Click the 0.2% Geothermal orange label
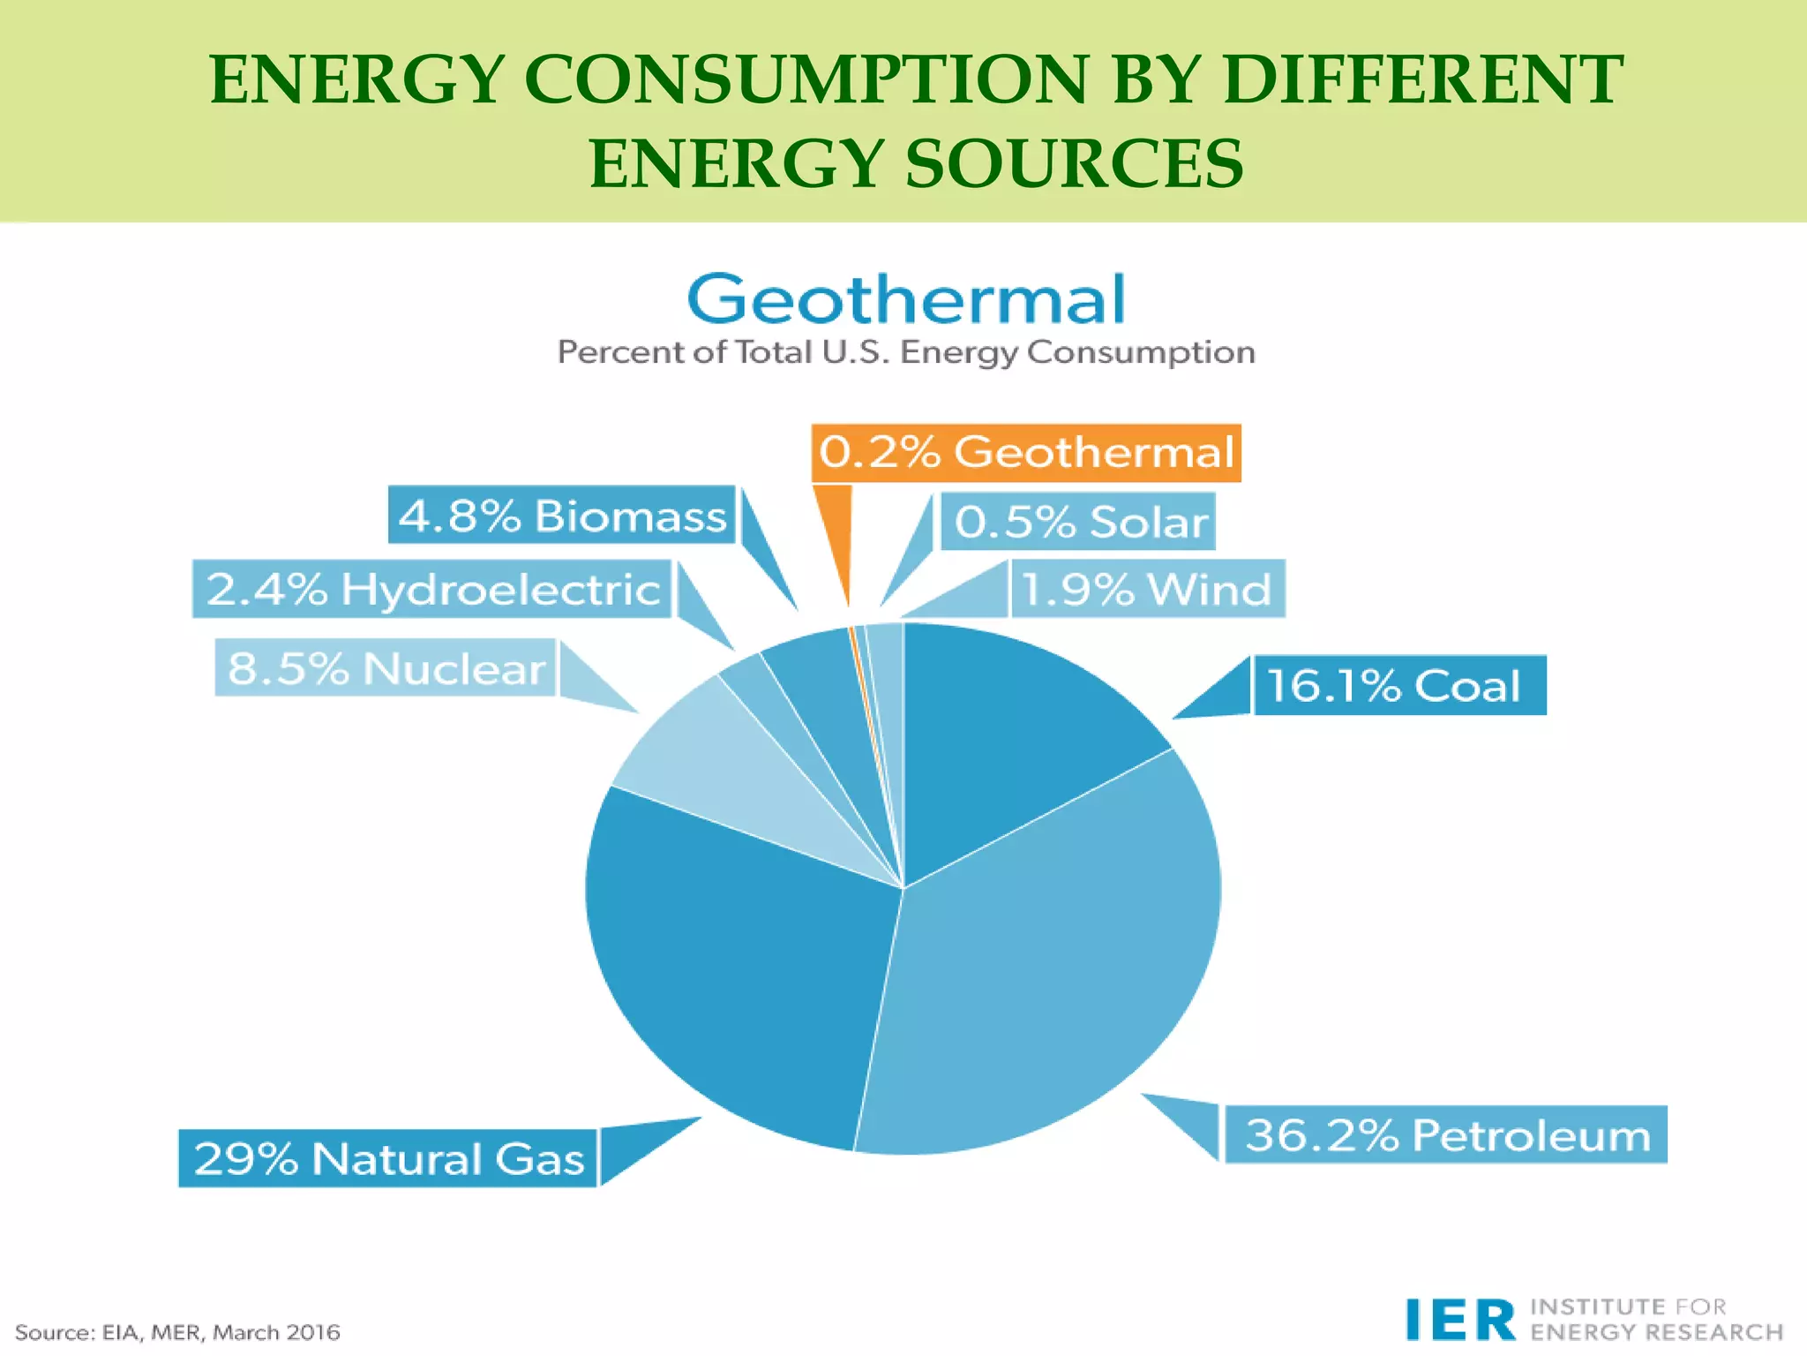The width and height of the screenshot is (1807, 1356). (x=1025, y=453)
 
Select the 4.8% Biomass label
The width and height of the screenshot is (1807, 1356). (x=562, y=516)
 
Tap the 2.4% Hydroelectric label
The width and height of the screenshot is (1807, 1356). (x=432, y=589)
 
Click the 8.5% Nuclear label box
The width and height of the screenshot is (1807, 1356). (x=386, y=668)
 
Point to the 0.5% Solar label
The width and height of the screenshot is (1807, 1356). (x=1078, y=522)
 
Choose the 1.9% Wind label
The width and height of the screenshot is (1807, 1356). (x=1146, y=589)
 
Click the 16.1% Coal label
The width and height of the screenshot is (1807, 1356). (x=1398, y=685)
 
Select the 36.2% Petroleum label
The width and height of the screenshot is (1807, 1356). (x=1445, y=1134)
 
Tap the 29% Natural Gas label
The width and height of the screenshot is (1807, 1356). (x=388, y=1158)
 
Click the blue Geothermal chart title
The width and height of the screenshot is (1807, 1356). (x=906, y=299)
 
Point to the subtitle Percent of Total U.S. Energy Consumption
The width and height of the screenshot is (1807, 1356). (x=906, y=352)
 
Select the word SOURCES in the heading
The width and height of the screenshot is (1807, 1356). (x=1074, y=164)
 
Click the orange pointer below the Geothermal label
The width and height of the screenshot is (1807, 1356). (x=837, y=539)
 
